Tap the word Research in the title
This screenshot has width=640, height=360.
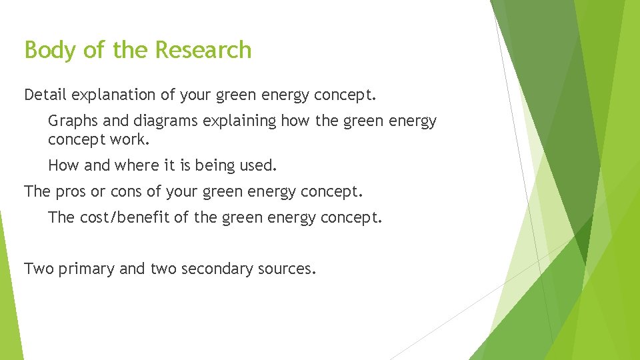click(203, 50)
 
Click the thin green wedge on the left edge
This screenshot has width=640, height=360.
click(8, 287)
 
